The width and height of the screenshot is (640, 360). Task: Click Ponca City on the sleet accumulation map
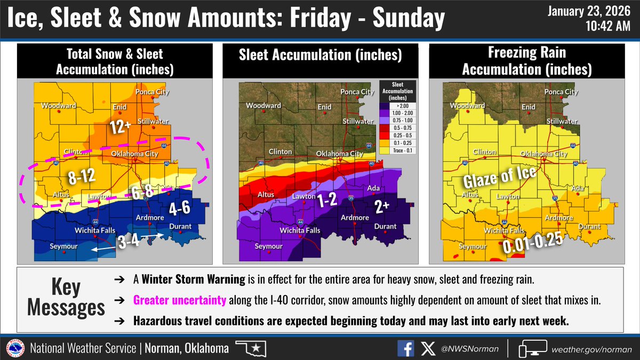coord(357,92)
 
